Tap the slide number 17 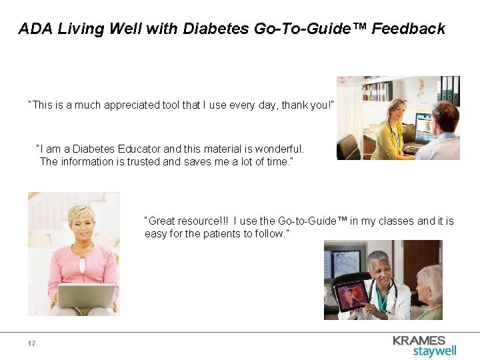(31, 343)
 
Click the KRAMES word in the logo (419, 340)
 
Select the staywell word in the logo (435, 351)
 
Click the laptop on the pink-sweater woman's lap (86, 295)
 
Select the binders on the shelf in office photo (447, 90)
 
